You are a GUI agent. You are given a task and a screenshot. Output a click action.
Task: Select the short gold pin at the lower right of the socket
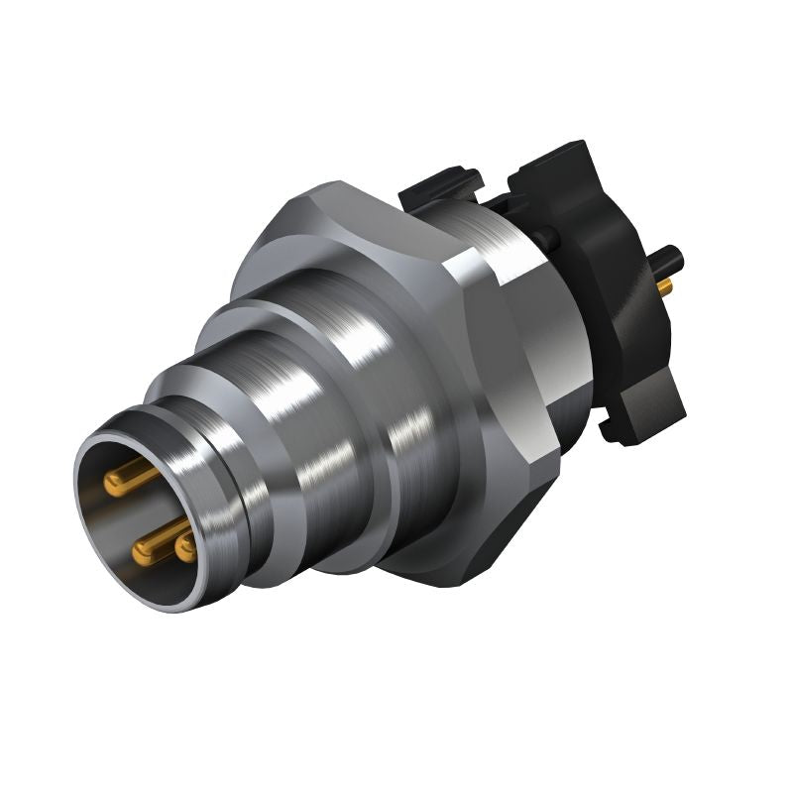184,547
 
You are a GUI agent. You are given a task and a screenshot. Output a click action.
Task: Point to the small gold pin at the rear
664,286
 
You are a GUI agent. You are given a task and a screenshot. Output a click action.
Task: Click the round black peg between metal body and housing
543,237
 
